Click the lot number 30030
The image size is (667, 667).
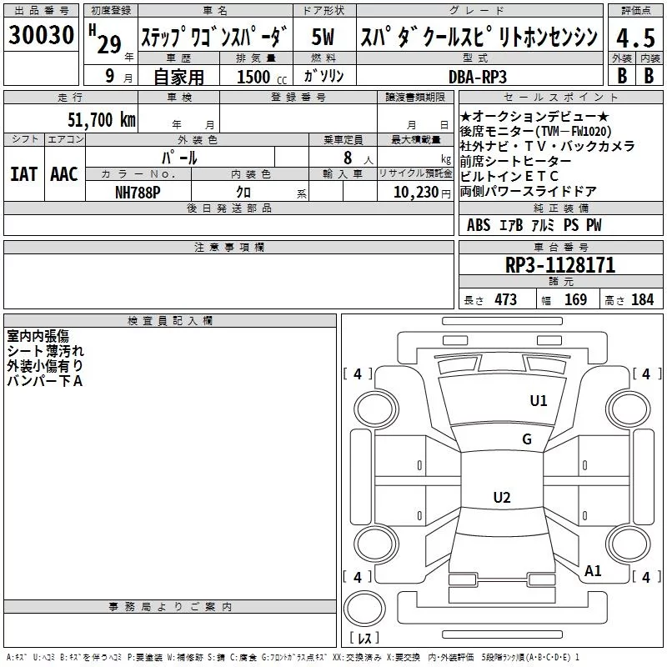pyautogui.click(x=41, y=34)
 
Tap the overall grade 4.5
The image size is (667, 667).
pyautogui.click(x=635, y=38)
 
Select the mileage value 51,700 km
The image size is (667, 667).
pyautogui.click(x=102, y=120)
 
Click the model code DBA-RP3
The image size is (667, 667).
pyautogui.click(x=478, y=77)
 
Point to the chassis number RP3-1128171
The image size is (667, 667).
pyautogui.click(x=560, y=265)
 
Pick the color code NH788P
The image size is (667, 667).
pyautogui.click(x=138, y=193)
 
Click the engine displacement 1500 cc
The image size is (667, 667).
pyautogui.click(x=262, y=77)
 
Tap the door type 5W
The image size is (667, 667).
pyautogui.click(x=323, y=37)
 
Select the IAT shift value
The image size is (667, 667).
pyautogui.click(x=24, y=174)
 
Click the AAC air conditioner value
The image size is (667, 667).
pyautogui.click(x=64, y=174)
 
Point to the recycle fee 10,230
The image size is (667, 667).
pyautogui.click(x=416, y=193)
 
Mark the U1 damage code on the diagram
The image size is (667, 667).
pyautogui.click(x=538, y=400)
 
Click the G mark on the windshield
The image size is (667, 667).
pyautogui.click(x=527, y=439)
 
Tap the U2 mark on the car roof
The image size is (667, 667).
pyautogui.click(x=502, y=497)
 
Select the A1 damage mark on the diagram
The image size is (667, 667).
pyautogui.click(x=593, y=570)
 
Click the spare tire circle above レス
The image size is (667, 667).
pyautogui.click(x=364, y=609)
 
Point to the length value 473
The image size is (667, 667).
pyautogui.click(x=506, y=299)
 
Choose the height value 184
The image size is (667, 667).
pyautogui.click(x=642, y=299)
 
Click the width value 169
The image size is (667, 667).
pyautogui.click(x=575, y=299)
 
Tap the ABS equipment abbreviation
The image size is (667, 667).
pyautogui.click(x=478, y=225)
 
